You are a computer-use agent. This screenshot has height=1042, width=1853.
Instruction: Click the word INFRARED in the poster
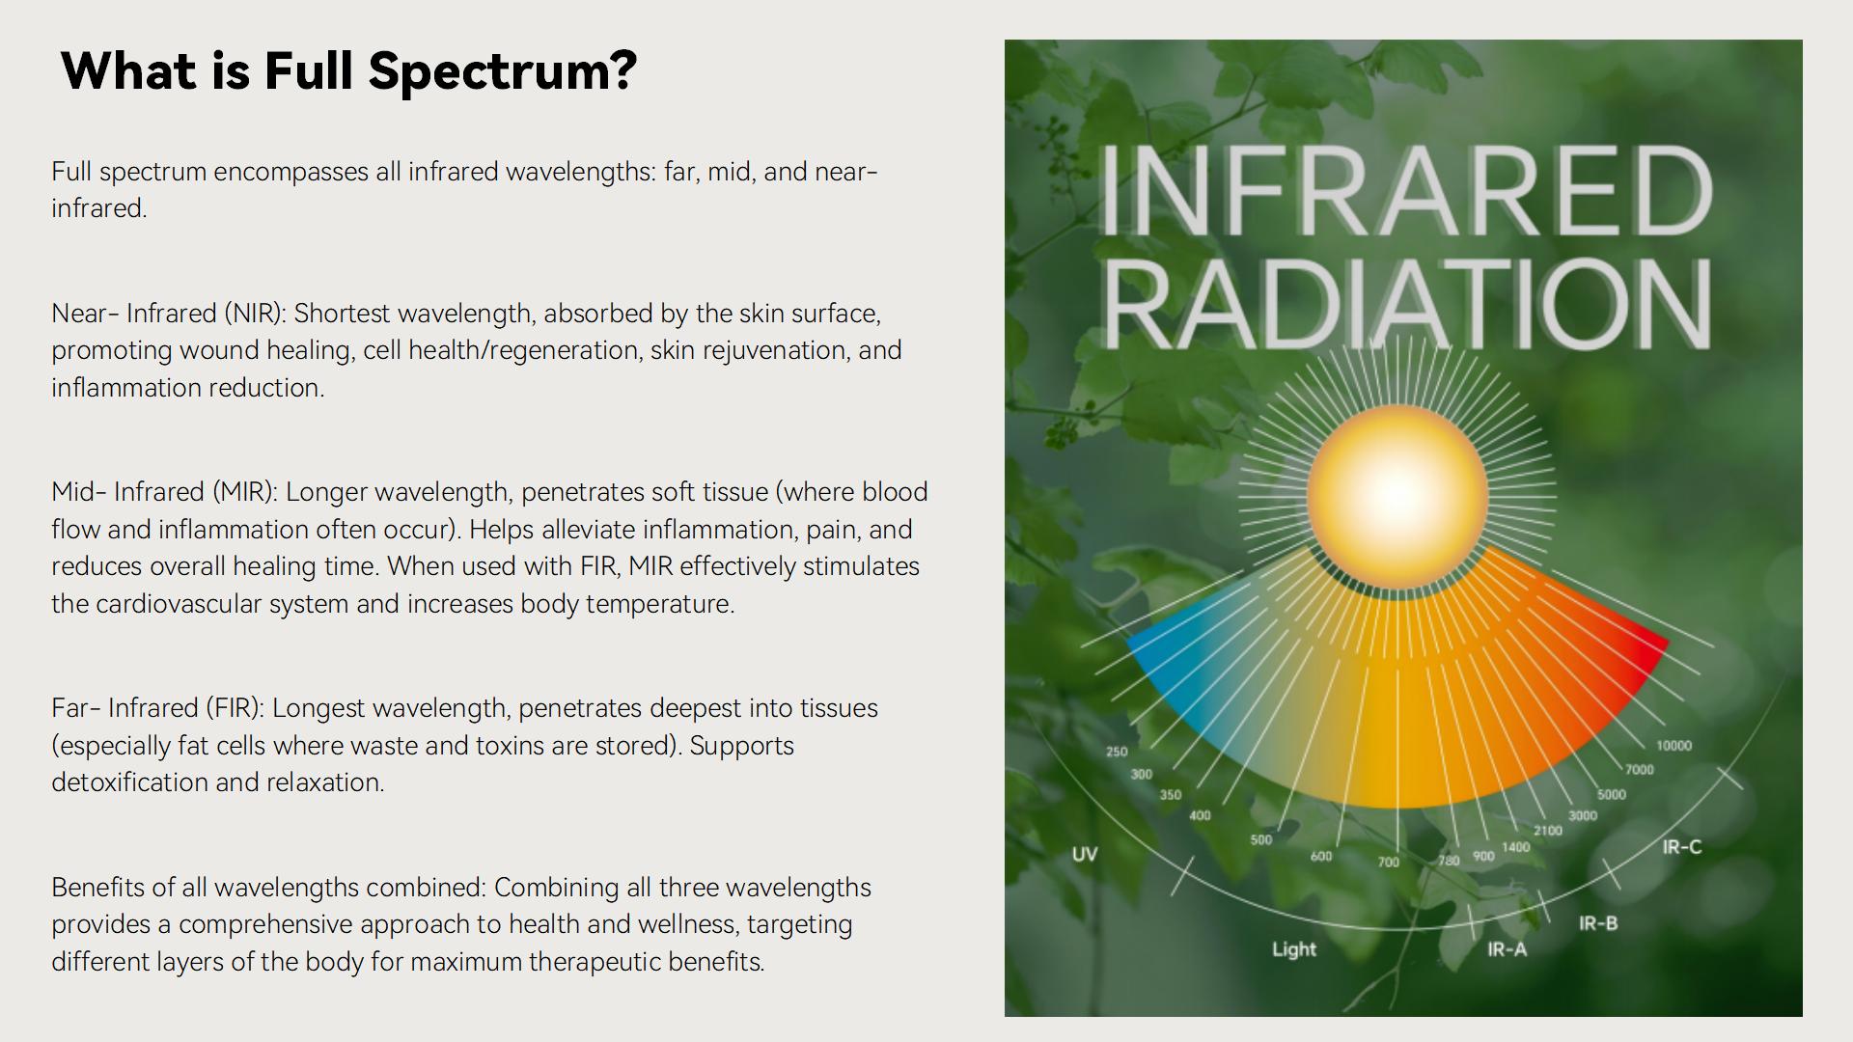1405,190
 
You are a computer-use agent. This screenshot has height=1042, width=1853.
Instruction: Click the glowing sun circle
1397,494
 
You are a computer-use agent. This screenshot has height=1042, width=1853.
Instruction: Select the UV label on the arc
1085,854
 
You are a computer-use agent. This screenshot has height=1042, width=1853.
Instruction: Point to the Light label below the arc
1294,949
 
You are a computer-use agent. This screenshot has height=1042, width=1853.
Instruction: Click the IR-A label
1507,949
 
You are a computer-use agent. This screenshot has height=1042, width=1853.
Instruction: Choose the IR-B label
1598,923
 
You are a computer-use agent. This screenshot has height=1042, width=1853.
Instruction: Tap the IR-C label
1682,847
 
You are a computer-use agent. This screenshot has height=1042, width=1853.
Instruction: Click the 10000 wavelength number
1673,746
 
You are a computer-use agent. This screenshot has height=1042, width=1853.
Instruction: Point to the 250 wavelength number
1117,752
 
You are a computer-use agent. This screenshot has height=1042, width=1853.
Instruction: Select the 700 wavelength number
1388,863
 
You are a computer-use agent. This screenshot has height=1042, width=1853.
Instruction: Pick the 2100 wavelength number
1548,831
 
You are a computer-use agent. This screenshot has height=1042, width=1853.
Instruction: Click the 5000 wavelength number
1612,795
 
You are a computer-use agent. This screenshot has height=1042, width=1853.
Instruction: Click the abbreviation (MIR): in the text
244,493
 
